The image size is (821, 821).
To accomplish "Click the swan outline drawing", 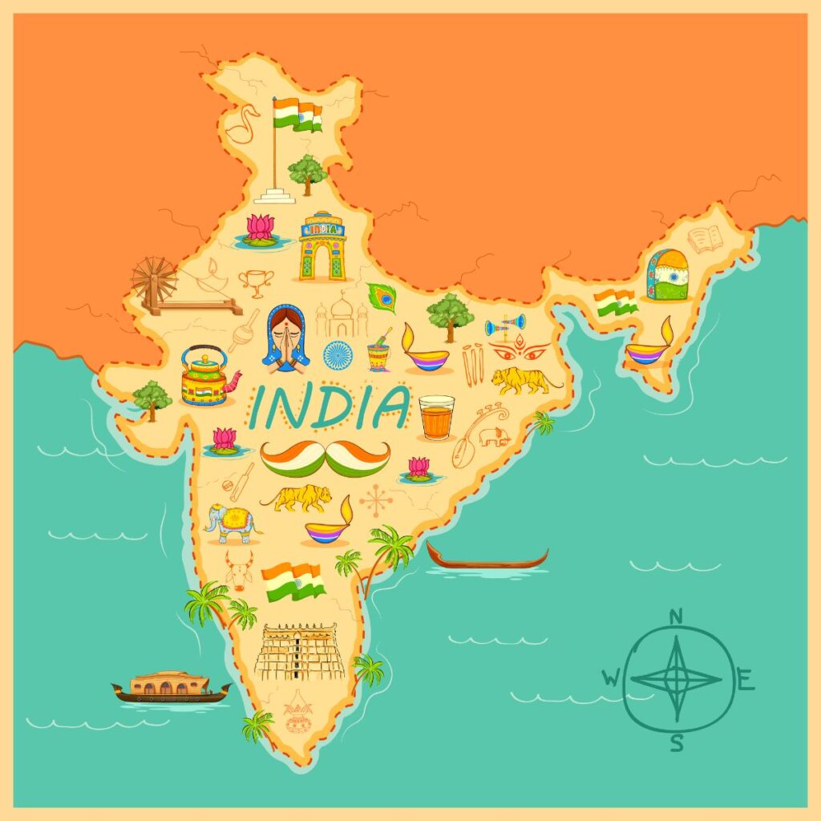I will (241, 124).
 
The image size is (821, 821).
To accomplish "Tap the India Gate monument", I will (322, 247).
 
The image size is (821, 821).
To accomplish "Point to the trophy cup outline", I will (256, 281).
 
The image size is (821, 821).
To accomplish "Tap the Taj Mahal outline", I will (342, 315).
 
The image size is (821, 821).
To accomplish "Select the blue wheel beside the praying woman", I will (338, 354).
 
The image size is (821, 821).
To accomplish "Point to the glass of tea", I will (436, 417).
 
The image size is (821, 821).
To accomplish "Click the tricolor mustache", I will (326, 458).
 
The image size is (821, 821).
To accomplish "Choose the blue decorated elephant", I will (232, 523).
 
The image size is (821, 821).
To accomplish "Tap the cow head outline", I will (238, 568).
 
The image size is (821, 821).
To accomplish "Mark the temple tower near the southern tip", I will (299, 650).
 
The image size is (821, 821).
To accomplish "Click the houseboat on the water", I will (170, 687).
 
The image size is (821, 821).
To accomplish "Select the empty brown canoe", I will (487, 558).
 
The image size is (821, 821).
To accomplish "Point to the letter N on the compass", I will (676, 616).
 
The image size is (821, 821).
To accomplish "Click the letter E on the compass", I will (745, 683).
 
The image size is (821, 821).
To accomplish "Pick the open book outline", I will (706, 239).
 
